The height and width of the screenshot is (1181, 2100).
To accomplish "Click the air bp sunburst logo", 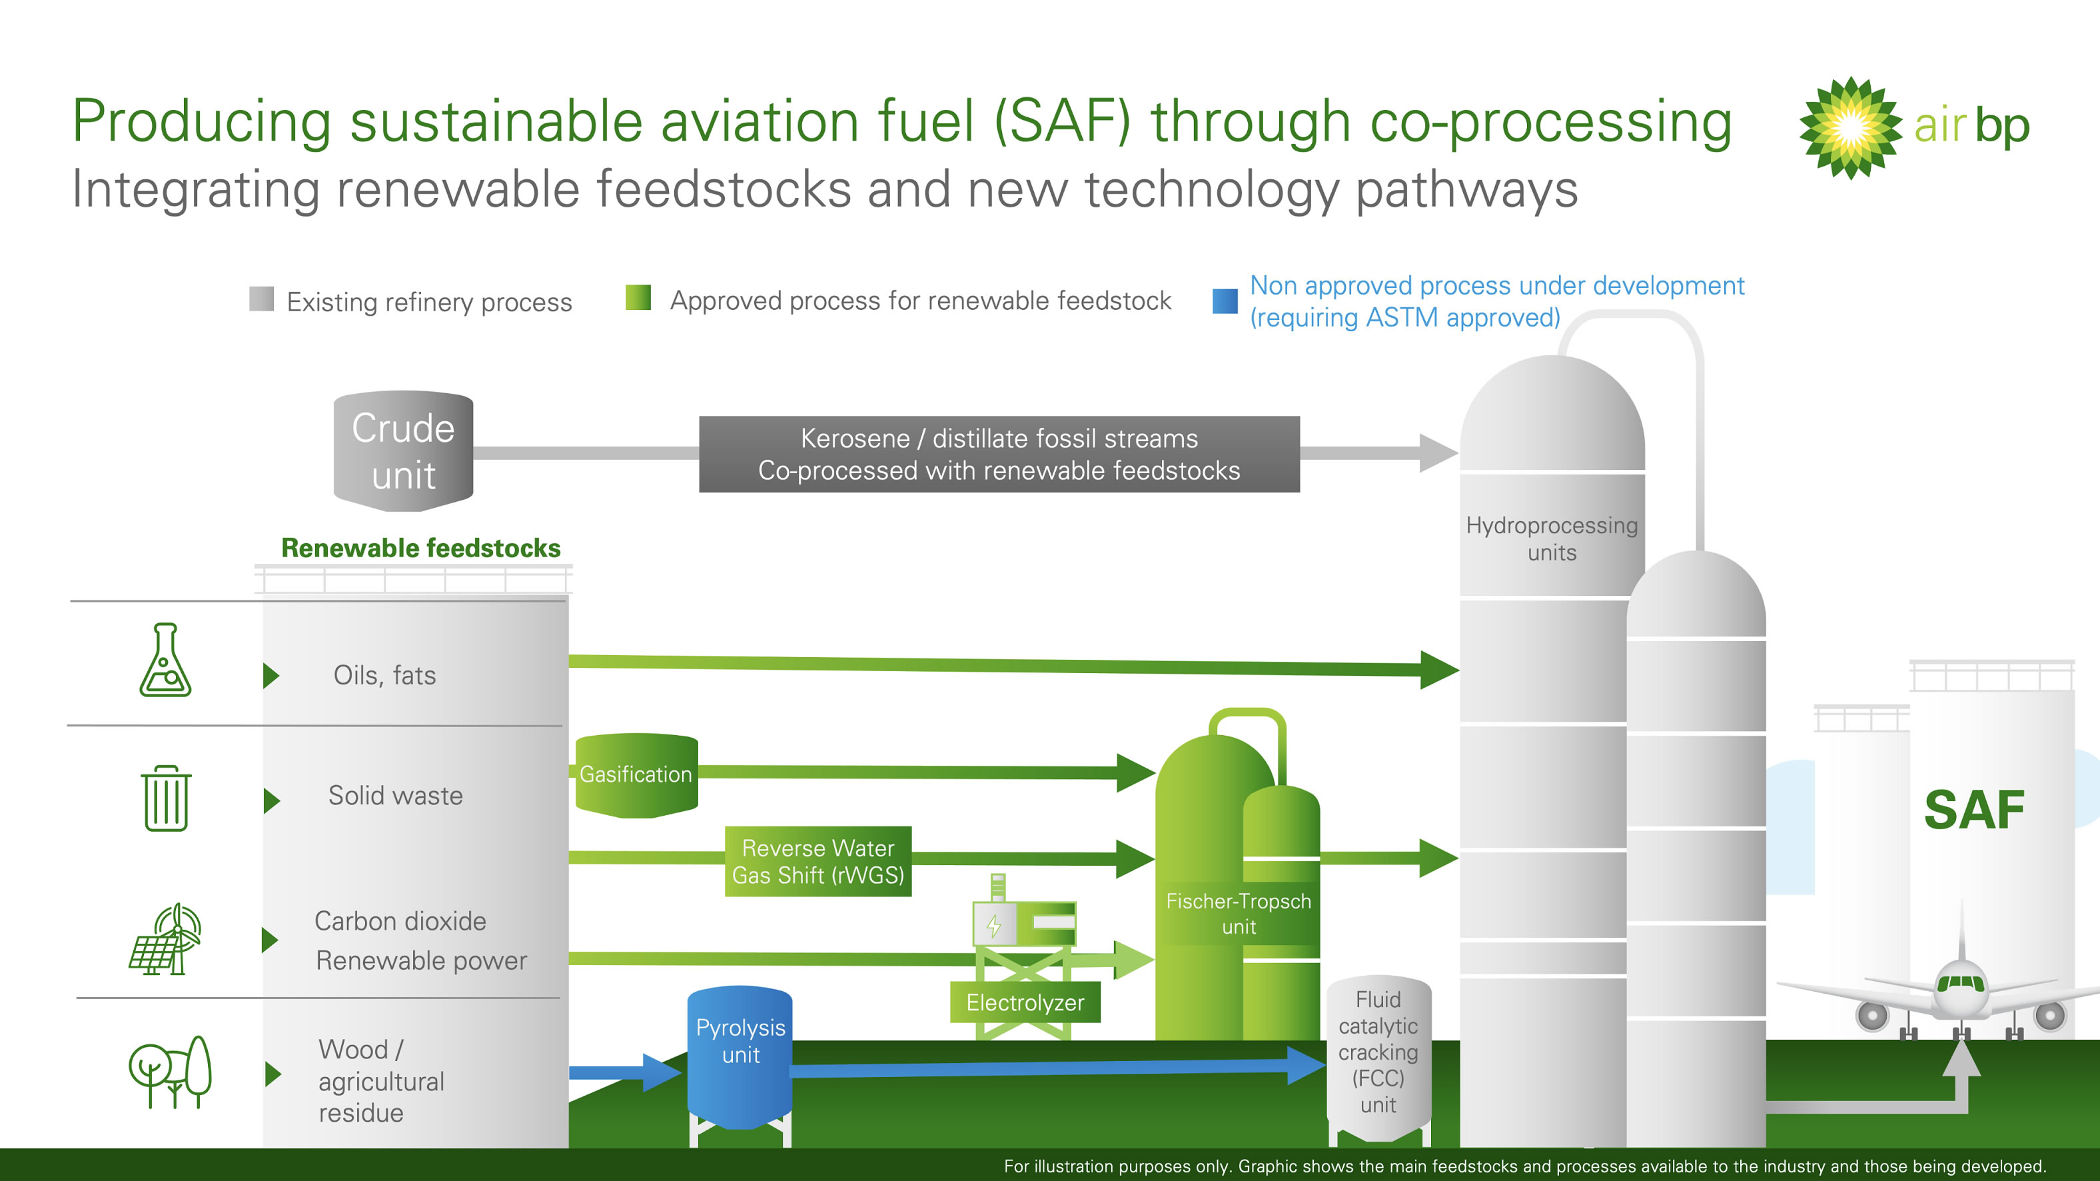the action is (1851, 128).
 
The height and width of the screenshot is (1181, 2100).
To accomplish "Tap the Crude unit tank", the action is (404, 451).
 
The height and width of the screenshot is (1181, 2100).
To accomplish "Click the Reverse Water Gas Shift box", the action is (817, 861).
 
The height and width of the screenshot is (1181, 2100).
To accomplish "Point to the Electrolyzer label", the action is (1025, 1002).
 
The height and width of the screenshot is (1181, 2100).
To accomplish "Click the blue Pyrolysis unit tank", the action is (740, 1057).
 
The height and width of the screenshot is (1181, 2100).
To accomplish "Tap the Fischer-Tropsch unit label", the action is (1239, 914).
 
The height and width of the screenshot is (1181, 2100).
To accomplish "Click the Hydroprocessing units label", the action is (1552, 539).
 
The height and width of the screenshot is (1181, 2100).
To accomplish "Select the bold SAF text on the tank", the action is (1973, 810).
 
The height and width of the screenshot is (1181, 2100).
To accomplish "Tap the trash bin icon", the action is (167, 798).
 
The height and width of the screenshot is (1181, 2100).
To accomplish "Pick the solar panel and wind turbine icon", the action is (165, 939).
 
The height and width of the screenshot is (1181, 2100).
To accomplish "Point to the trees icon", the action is (171, 1071).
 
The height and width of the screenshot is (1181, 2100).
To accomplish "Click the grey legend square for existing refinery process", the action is (262, 299).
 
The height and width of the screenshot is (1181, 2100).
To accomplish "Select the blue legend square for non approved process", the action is (1225, 301).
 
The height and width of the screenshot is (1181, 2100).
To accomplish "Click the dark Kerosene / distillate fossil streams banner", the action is (999, 455).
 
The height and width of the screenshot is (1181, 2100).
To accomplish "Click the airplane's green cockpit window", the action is (1961, 982).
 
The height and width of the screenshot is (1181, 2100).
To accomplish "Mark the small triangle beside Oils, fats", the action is (271, 675).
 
